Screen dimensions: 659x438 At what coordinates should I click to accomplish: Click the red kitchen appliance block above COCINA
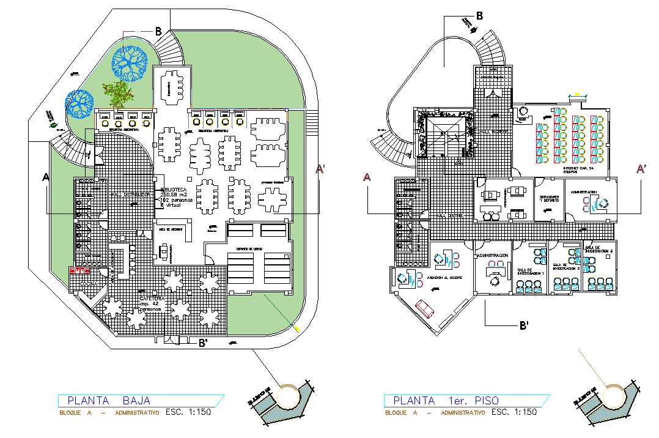point(79,270)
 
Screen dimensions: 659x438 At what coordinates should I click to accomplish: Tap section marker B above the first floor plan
point(479,16)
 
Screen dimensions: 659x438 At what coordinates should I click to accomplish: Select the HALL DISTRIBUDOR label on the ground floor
point(131,195)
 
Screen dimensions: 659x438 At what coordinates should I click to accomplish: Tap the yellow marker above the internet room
point(577,94)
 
